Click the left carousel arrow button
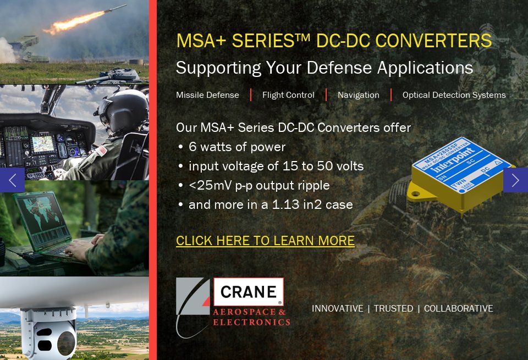click(12, 180)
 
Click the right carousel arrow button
click(515, 180)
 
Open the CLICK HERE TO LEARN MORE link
click(265, 241)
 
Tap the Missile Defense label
click(207, 95)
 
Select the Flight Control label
click(288, 95)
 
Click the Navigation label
click(358, 95)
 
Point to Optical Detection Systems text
click(454, 95)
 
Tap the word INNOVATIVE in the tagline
click(337, 308)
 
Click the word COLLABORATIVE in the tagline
click(458, 308)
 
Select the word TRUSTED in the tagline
click(393, 308)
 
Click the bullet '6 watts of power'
click(237, 147)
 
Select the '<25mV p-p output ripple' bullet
click(258, 185)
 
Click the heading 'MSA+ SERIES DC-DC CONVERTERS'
click(334, 41)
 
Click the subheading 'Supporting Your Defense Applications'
click(324, 68)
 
